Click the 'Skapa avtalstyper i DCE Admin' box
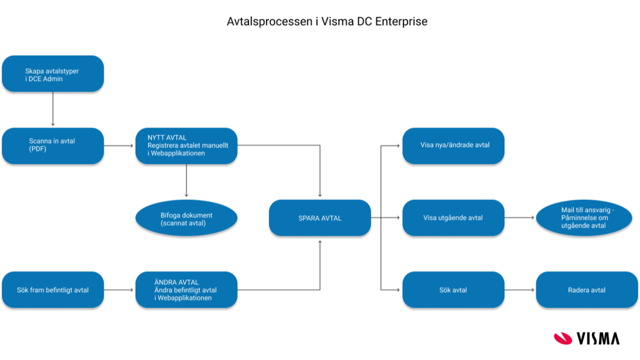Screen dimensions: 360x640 (53, 74)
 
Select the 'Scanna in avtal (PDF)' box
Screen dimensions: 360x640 (53, 146)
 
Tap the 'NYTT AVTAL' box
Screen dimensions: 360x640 (186, 146)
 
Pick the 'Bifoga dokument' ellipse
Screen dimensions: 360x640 (186, 218)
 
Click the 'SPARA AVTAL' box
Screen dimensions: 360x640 (320, 218)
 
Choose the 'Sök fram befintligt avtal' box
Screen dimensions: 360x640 (53, 290)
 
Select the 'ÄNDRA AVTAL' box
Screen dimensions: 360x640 (186, 290)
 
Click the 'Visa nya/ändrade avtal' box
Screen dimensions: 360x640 (454, 145)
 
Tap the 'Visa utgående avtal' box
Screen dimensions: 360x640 (454, 218)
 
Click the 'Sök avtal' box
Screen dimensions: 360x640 (454, 290)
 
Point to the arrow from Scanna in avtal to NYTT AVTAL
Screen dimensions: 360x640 (119, 146)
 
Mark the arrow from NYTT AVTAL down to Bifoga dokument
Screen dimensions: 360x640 (186, 180)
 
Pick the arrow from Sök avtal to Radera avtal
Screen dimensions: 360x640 (520, 290)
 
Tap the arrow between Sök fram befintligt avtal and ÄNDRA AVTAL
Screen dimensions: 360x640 (119, 290)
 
